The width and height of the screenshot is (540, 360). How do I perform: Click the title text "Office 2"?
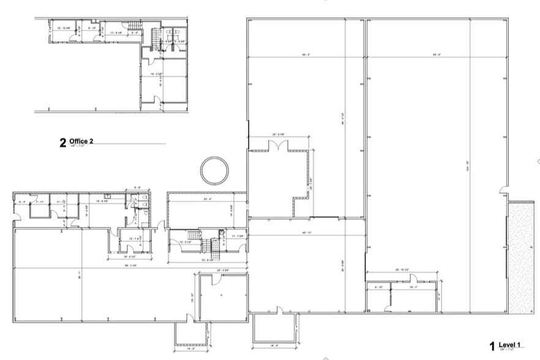(81, 141)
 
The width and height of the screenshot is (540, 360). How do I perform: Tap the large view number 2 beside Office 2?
(62, 143)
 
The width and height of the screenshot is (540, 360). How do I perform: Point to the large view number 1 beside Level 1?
(492, 346)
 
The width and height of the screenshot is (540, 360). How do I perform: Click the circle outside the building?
(214, 169)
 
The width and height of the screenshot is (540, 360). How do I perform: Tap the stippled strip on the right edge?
(521, 258)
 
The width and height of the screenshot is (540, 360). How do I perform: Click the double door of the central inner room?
(278, 146)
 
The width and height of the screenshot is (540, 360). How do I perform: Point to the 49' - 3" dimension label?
(306, 55)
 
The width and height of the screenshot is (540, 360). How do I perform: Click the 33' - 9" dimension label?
(207, 199)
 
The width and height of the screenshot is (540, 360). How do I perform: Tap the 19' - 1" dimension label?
(413, 286)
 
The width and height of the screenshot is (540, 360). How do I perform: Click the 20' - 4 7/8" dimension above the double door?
(279, 134)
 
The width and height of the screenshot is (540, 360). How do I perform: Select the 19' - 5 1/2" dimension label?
(130, 257)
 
